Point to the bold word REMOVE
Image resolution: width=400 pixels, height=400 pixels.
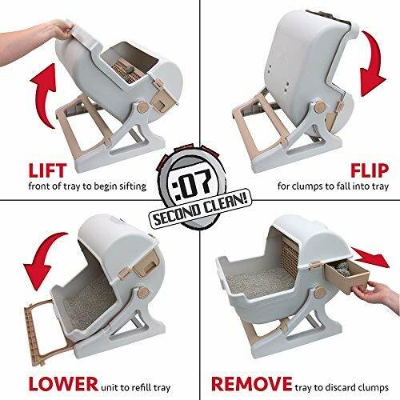244,367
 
